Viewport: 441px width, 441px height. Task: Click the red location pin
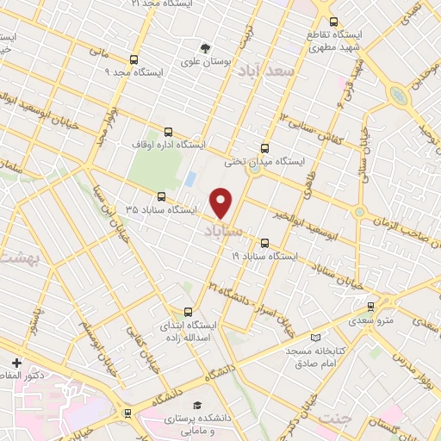(x=222, y=203)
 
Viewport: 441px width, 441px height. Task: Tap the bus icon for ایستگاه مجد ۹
(x=134, y=60)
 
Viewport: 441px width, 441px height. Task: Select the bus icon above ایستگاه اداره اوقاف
(x=168, y=133)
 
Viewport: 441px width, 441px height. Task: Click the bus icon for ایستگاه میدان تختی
(x=264, y=147)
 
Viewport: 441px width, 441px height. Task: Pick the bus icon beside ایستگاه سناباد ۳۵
(x=161, y=196)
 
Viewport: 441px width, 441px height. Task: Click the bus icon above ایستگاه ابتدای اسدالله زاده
(x=189, y=312)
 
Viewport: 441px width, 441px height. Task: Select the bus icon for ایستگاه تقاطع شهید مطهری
(x=334, y=22)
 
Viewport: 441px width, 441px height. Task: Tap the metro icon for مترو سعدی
(x=371, y=306)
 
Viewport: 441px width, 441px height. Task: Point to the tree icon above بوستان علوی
(x=205, y=47)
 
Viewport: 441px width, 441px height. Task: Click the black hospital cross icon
(x=16, y=361)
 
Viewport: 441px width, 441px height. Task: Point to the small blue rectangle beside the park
(x=189, y=180)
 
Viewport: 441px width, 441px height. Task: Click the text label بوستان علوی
(x=203, y=62)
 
